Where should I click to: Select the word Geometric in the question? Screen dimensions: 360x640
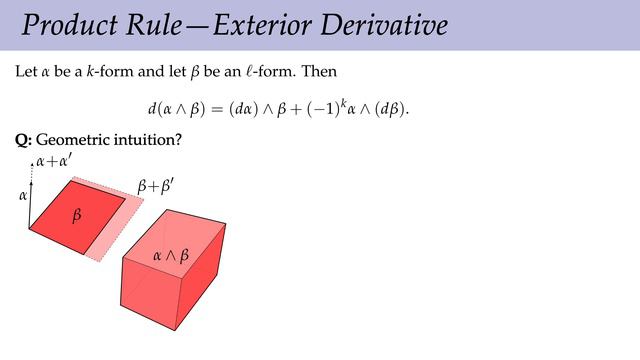[x=72, y=141]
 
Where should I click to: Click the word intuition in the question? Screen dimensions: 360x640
[x=146, y=141]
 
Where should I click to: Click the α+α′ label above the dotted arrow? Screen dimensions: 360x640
[x=51, y=160]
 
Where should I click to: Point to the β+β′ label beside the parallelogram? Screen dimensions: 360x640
[x=154, y=187]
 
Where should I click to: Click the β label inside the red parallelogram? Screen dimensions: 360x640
[x=76, y=216]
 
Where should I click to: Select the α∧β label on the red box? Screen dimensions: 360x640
[x=170, y=256]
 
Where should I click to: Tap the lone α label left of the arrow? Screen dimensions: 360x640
[x=23, y=196]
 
